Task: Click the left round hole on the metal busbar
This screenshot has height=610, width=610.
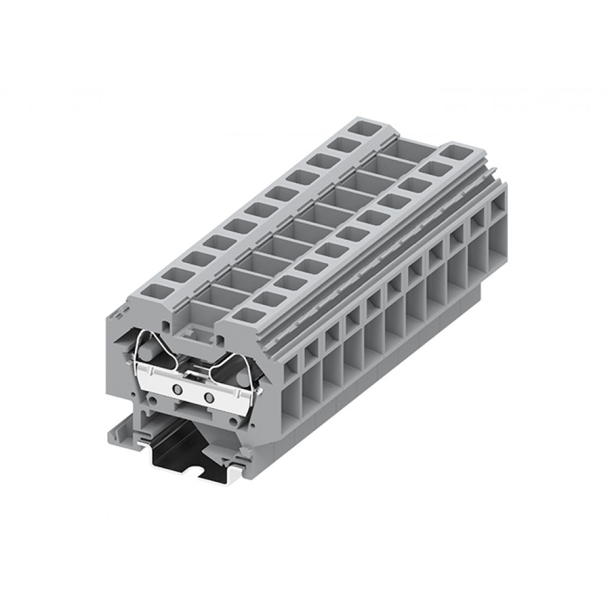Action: point(178,389)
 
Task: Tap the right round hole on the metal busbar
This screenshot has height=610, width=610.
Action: point(209,398)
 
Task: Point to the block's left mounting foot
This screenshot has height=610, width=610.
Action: point(120,435)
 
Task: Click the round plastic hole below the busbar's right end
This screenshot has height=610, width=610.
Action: point(233,422)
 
